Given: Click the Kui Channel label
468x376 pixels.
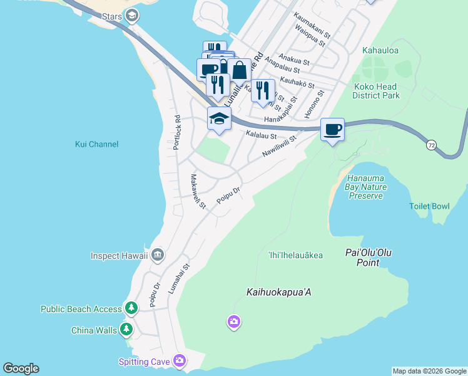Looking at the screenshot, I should pyautogui.click(x=96, y=144).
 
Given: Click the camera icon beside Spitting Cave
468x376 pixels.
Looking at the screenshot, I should pyautogui.click(x=180, y=360).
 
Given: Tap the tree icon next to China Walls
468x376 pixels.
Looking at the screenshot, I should pyautogui.click(x=127, y=329).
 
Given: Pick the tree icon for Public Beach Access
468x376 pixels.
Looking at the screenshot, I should pyautogui.click(x=131, y=308).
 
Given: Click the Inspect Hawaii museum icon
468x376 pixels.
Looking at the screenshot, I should pyautogui.click(x=157, y=254).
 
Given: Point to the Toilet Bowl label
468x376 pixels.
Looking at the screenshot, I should pyautogui.click(x=429, y=206).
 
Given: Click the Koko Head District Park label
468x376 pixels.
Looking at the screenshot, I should pyautogui.click(x=376, y=91).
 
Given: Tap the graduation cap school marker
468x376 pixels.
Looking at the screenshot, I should pyautogui.click(x=219, y=118).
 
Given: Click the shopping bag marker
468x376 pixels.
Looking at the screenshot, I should pyautogui.click(x=239, y=71).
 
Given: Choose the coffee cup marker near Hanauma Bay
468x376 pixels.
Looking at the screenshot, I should pyautogui.click(x=332, y=130).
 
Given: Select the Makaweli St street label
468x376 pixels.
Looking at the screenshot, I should pyautogui.click(x=198, y=191).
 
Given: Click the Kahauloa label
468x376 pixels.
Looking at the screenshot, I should pyautogui.click(x=380, y=50).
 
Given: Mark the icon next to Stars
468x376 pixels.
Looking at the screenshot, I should pyautogui.click(x=131, y=15).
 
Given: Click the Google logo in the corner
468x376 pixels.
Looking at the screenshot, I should pyautogui.click(x=21, y=368).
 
